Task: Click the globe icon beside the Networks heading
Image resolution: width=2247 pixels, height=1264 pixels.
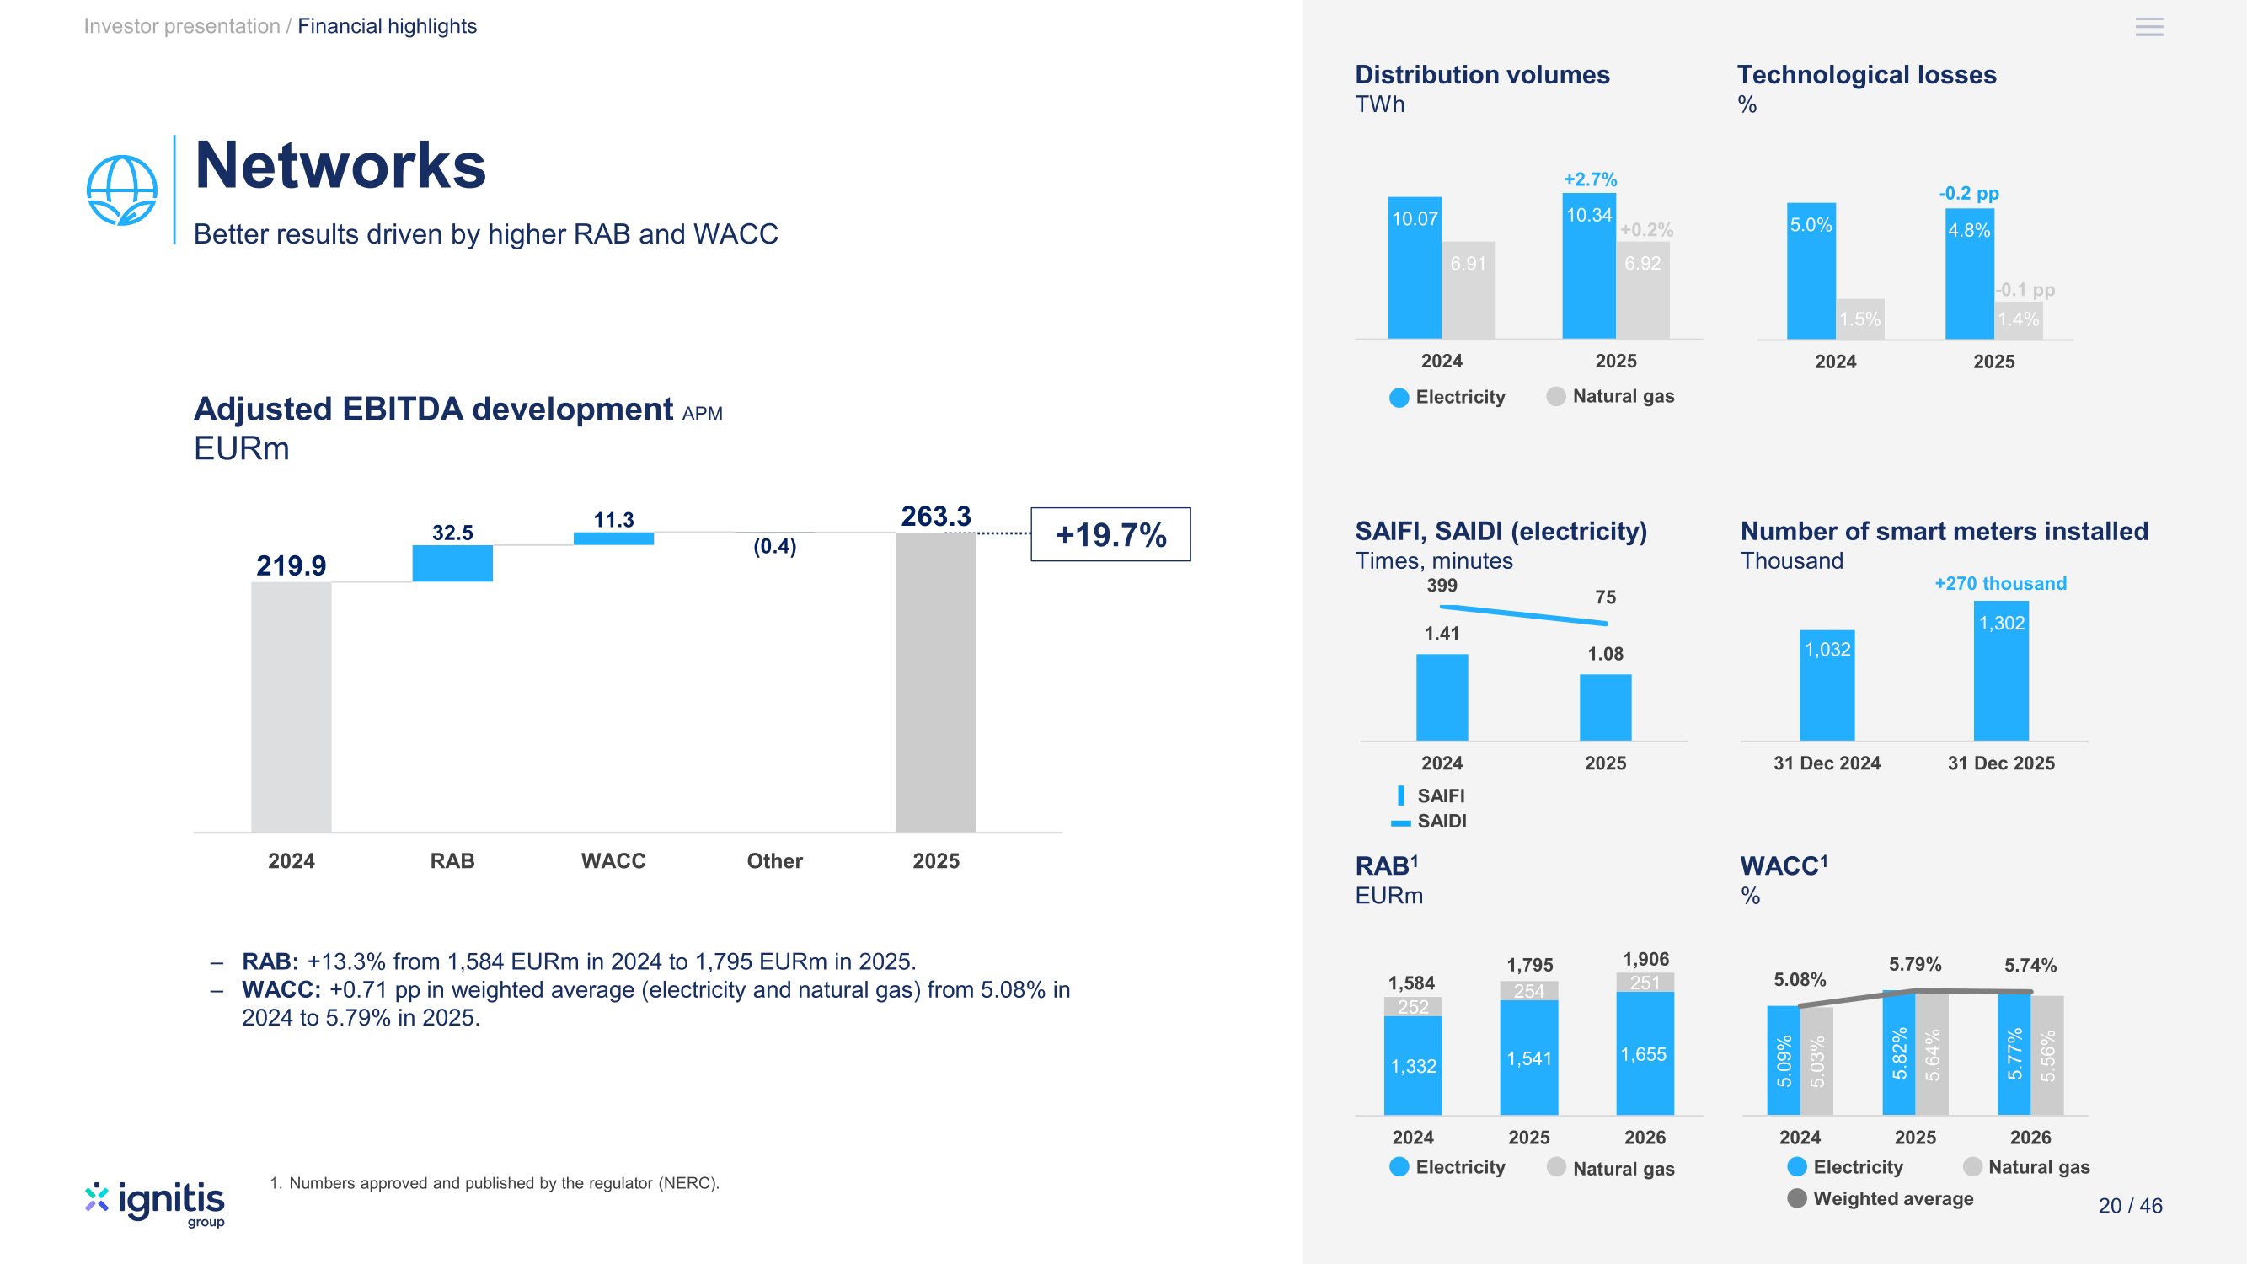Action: [x=122, y=190]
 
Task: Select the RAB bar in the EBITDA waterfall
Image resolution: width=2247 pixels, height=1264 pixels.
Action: [x=452, y=564]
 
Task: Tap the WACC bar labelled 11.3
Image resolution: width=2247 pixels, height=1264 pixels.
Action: [x=613, y=538]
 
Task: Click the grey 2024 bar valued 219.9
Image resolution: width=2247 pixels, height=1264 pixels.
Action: [x=292, y=707]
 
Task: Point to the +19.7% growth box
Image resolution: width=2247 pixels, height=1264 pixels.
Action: [x=1110, y=535]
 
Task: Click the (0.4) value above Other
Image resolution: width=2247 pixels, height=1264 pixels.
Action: [x=774, y=547]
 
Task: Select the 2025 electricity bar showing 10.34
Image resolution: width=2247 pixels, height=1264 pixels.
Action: [x=1588, y=266]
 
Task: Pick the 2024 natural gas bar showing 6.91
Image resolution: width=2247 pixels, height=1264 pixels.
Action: [x=1469, y=291]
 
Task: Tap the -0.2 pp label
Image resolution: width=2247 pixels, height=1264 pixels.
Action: [x=1969, y=194]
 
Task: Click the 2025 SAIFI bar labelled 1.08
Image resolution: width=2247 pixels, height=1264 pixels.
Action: [x=1605, y=708]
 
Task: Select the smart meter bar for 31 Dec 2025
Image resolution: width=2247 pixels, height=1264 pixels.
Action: [x=2001, y=671]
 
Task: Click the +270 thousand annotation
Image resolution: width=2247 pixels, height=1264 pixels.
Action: [x=2000, y=584]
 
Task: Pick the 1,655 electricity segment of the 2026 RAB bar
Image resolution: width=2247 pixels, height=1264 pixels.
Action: [x=1645, y=1054]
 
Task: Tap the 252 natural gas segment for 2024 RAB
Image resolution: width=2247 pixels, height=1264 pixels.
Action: [x=1413, y=1007]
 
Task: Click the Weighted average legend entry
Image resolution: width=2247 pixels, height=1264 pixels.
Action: [x=1881, y=1198]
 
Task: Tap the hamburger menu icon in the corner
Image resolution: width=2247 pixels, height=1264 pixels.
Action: [x=2149, y=27]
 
